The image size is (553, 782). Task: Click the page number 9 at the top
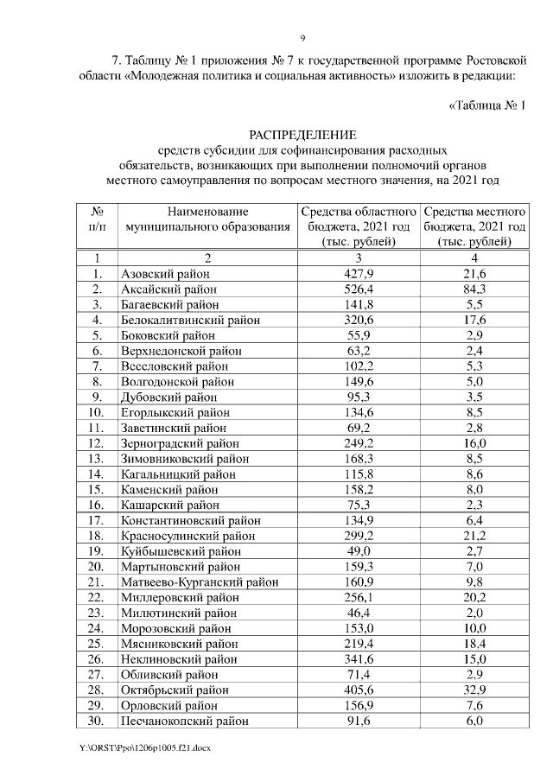302,37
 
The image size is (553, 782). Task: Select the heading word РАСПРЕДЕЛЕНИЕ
302,135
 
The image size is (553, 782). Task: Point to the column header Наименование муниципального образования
207,219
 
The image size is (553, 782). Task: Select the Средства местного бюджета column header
475,226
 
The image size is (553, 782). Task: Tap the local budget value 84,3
475,289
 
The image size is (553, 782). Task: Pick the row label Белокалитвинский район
191,320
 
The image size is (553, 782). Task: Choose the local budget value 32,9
475,690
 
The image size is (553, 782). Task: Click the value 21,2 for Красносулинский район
475,536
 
